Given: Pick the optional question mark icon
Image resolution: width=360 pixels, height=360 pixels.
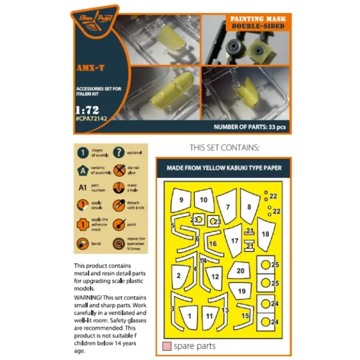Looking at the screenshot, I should [x=118, y=153].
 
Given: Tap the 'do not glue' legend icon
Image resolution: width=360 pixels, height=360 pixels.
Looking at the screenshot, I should [x=118, y=171].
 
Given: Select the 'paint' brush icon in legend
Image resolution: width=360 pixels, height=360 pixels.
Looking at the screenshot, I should [x=118, y=225].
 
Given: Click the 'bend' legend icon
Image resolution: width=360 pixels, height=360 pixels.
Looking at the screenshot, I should [x=83, y=243].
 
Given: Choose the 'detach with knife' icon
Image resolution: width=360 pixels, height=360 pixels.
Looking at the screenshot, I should [x=118, y=207].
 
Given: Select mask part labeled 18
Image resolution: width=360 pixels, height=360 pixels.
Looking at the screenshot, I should [x=265, y=234].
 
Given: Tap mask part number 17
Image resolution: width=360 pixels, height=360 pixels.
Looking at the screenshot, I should [x=234, y=241].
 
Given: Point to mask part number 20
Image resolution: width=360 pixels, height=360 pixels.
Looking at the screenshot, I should [x=240, y=270].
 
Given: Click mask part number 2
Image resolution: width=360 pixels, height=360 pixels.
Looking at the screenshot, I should [x=178, y=276].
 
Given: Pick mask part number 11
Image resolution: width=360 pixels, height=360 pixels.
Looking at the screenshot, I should [x=209, y=317].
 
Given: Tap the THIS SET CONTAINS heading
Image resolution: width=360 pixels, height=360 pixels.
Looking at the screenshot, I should [x=225, y=147].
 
